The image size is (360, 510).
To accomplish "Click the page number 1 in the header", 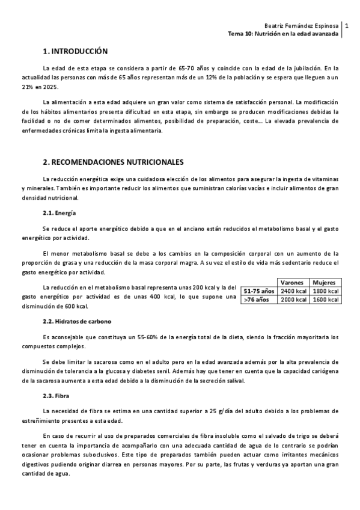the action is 347,26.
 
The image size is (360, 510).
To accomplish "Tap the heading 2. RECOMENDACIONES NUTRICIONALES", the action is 113,162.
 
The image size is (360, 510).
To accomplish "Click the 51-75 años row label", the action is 258,291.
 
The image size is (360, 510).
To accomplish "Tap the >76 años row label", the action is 256,300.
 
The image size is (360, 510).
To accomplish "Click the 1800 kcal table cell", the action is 325,291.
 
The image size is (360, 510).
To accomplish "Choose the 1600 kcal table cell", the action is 325,300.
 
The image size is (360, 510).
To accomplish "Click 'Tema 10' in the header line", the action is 239,34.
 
